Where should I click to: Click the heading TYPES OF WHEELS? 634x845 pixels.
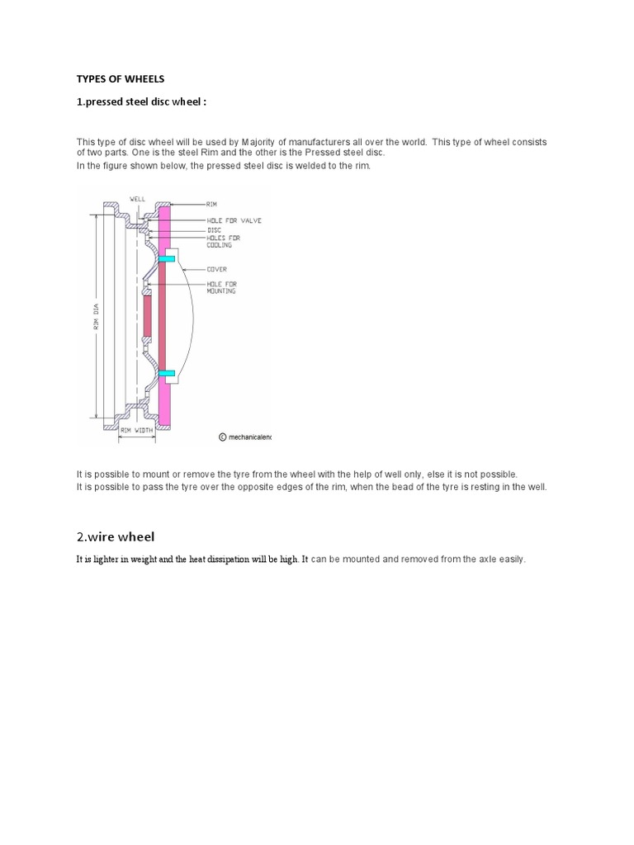coord(121,78)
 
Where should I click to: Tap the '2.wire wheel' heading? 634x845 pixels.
coord(115,537)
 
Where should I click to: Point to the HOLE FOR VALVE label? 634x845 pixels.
coord(230,221)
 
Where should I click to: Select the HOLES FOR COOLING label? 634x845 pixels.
coord(220,241)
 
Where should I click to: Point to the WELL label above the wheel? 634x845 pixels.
coord(137,199)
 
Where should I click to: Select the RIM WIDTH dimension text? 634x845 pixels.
coord(137,428)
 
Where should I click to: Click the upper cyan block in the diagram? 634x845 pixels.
coord(167,259)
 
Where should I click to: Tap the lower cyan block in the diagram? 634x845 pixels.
coord(167,374)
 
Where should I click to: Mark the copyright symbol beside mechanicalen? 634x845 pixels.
coord(222,438)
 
